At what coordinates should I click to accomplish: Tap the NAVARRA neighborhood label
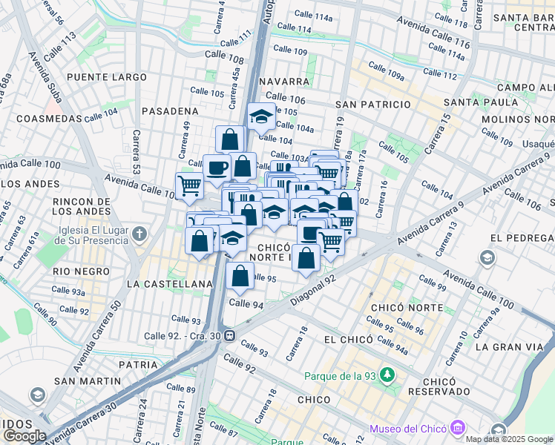point(284,81)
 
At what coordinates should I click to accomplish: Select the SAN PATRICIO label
point(372,105)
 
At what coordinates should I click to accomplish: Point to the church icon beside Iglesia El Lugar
point(140,235)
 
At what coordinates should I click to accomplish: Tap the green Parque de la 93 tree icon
point(386,375)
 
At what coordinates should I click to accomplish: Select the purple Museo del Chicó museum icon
point(458,428)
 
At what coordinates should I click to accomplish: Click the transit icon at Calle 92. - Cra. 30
point(230,335)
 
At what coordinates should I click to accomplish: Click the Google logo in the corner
point(24,436)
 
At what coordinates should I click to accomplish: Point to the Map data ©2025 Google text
point(510,439)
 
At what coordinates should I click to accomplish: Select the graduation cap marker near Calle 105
point(261,116)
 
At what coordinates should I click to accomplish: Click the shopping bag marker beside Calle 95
point(240,277)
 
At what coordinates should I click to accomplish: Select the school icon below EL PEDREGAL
point(487,257)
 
